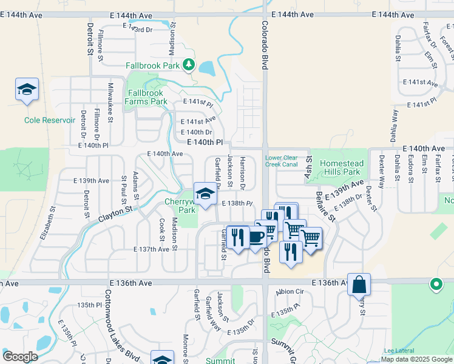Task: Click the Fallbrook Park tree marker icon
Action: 189,64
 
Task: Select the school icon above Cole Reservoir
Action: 27,90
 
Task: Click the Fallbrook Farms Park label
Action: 147,97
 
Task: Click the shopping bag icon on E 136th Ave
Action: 359,284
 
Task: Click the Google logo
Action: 21,357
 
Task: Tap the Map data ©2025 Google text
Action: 416,359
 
